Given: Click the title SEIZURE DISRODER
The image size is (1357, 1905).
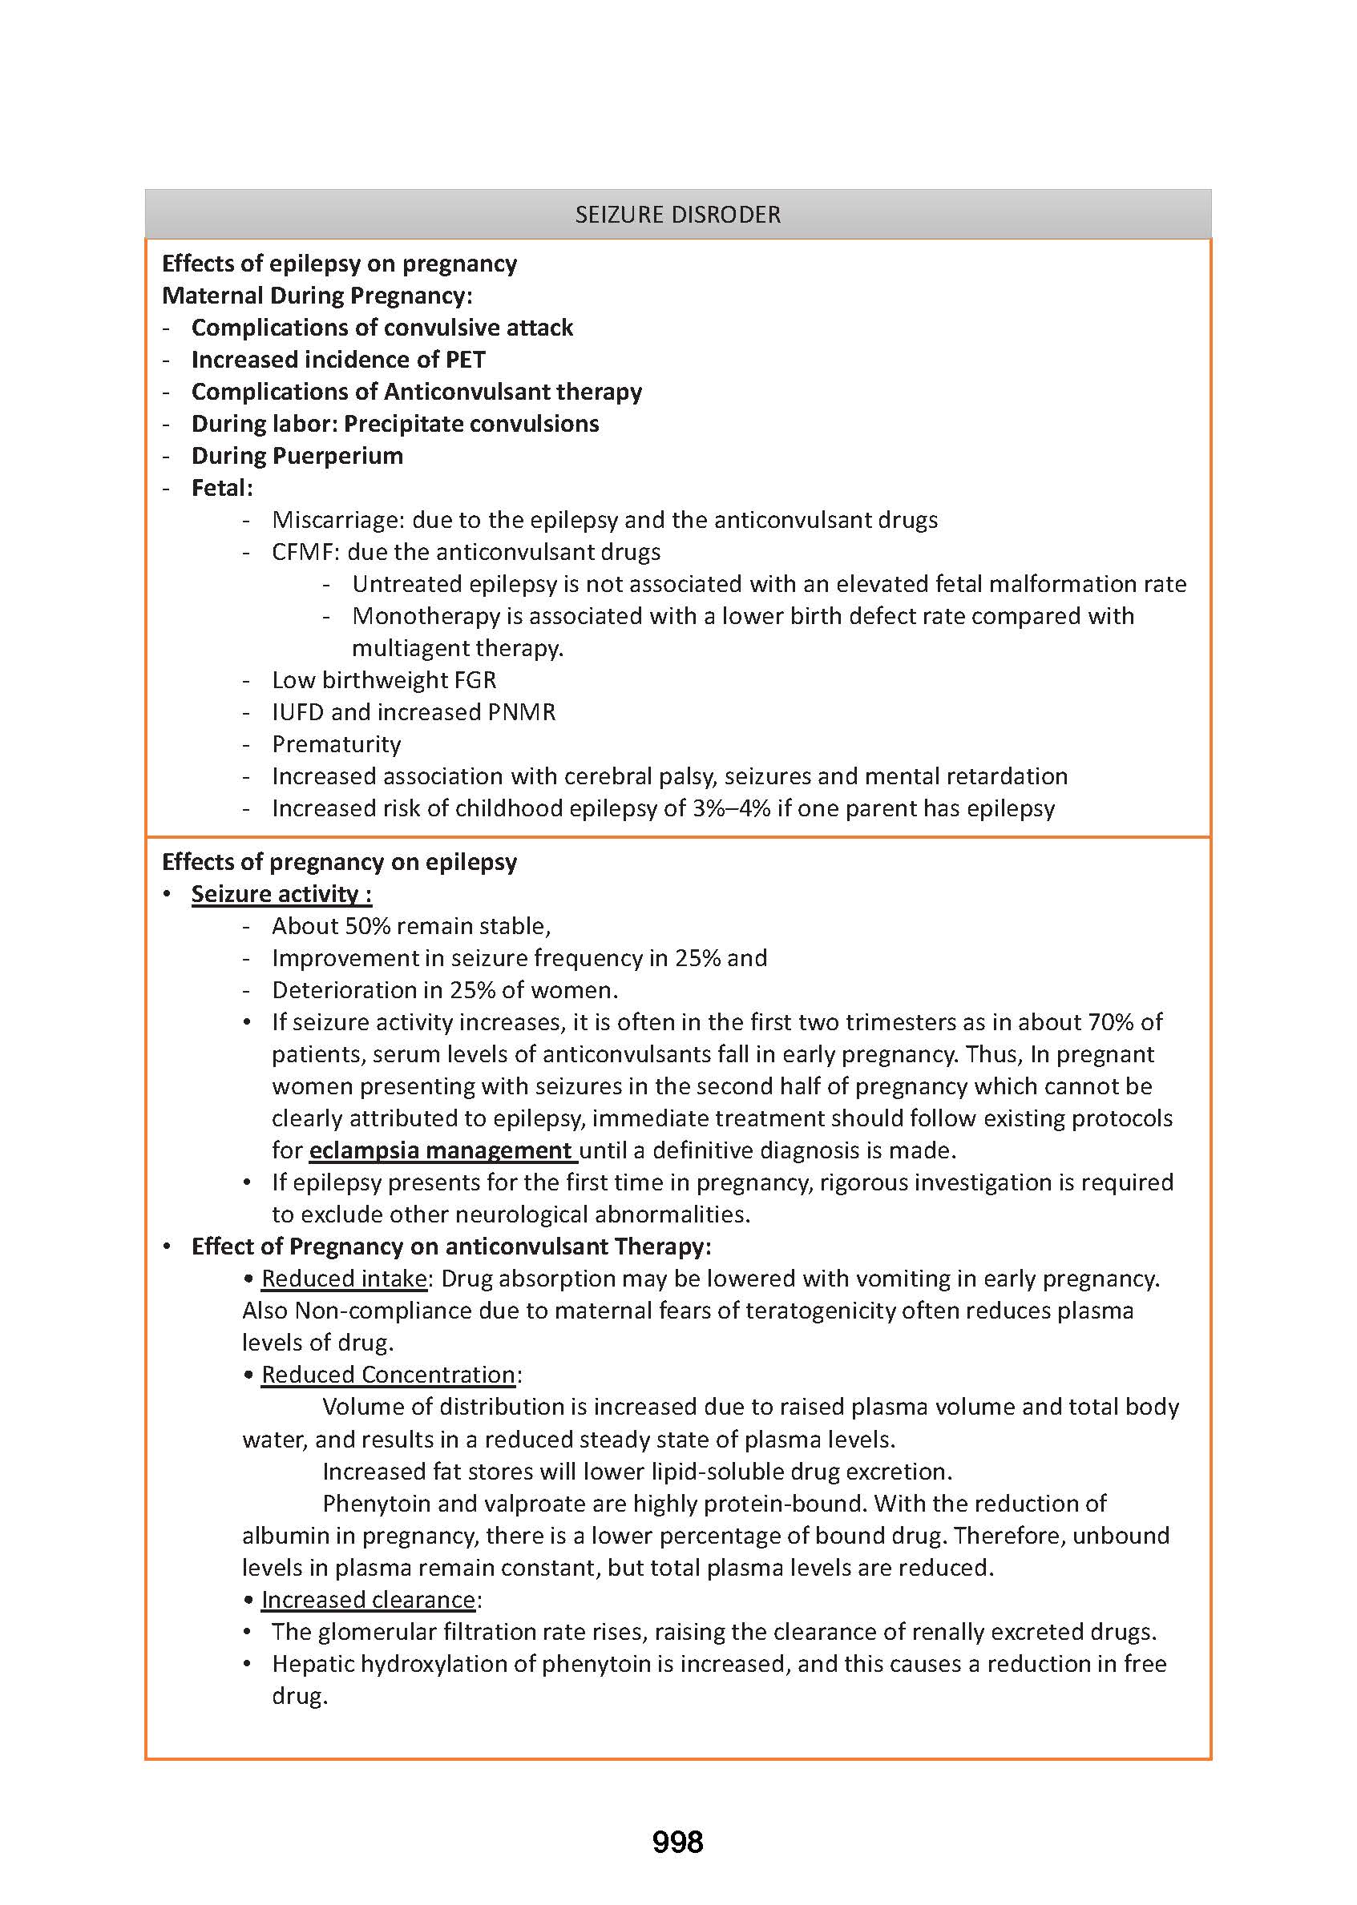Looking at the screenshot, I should (x=677, y=215).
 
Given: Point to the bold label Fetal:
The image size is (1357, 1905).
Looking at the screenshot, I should (x=221, y=488).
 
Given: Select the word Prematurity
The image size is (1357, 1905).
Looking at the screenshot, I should (x=336, y=744).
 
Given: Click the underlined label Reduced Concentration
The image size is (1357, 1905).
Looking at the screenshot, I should (x=389, y=1375).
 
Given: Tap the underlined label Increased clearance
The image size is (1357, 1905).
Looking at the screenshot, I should (x=368, y=1599).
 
